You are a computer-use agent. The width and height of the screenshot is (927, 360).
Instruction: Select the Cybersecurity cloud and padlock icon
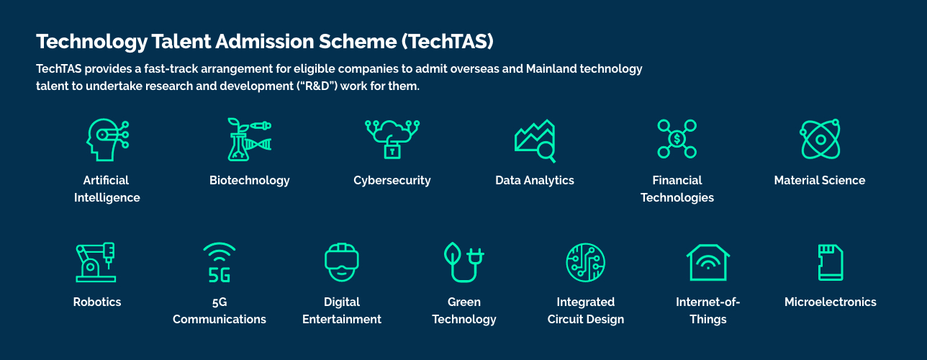click(x=392, y=139)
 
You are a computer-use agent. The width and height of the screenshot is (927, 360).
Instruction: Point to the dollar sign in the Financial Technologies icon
click(x=677, y=139)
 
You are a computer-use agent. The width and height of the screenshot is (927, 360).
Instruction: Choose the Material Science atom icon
click(x=820, y=139)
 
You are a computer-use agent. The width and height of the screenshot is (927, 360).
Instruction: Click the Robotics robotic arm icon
click(x=96, y=262)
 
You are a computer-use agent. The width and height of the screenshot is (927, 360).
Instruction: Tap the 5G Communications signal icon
click(x=220, y=262)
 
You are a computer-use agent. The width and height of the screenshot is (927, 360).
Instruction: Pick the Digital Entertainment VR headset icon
click(x=342, y=262)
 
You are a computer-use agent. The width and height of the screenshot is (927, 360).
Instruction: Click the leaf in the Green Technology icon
click(x=452, y=253)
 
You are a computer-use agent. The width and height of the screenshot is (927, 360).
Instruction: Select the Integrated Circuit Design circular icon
click(x=586, y=262)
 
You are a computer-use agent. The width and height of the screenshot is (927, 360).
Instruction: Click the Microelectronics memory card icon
click(x=831, y=262)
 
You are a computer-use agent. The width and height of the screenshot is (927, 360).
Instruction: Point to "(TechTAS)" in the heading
click(x=448, y=41)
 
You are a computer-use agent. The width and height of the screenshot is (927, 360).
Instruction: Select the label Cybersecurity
click(x=392, y=181)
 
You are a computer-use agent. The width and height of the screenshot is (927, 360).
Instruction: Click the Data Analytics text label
click(x=535, y=181)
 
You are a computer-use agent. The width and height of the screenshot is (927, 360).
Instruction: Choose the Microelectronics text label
click(x=831, y=302)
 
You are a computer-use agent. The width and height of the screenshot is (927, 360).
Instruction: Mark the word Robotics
click(x=97, y=302)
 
